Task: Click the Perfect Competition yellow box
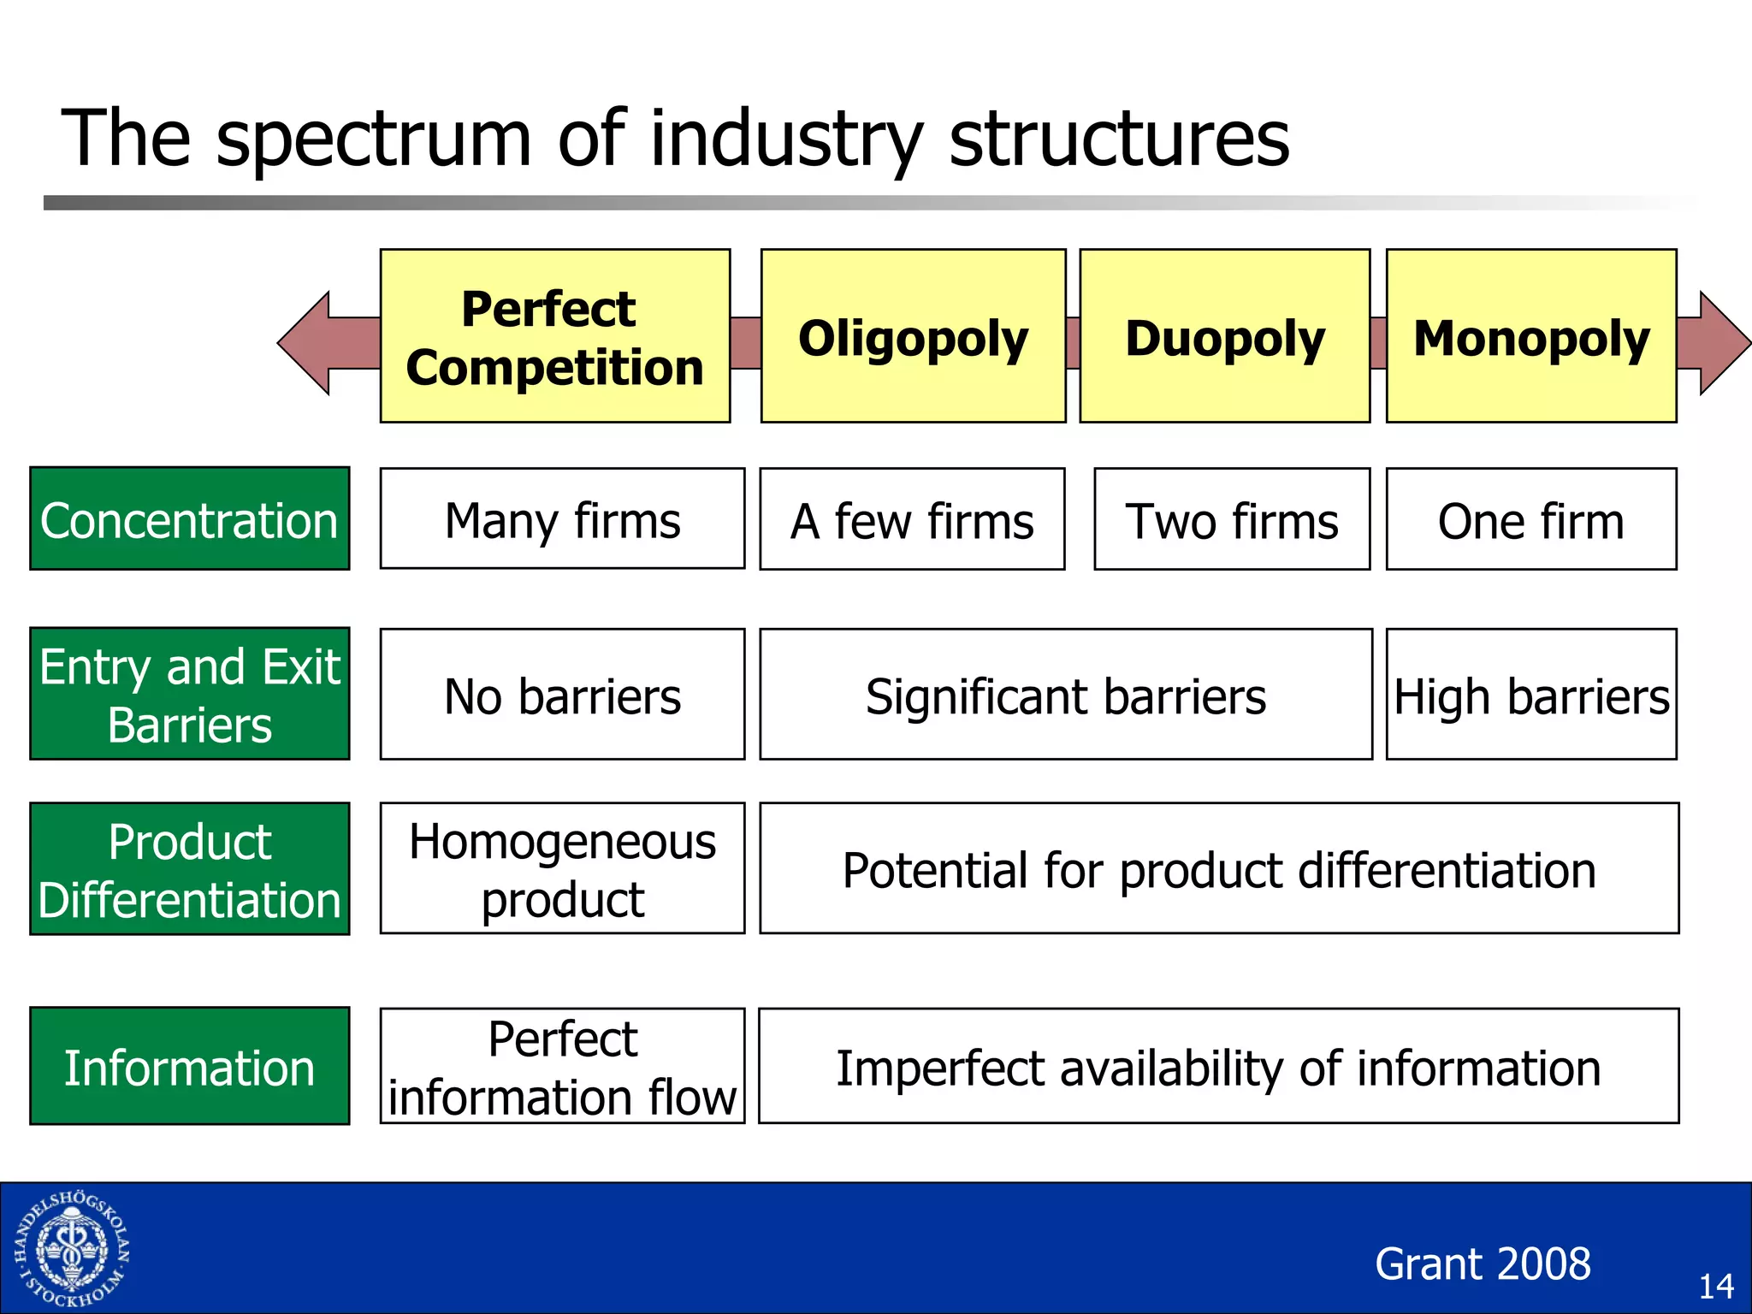(554, 336)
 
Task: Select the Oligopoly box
(913, 336)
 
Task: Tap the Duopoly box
(1224, 336)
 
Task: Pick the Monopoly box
(1530, 336)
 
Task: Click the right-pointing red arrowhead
(1719, 343)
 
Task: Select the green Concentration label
(190, 518)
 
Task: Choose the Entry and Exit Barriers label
(190, 694)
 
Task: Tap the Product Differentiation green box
(190, 868)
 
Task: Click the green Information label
(190, 1066)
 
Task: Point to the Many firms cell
(562, 518)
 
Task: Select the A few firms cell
(912, 519)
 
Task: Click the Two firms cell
(1232, 519)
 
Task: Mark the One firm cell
(1530, 519)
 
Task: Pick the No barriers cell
(562, 694)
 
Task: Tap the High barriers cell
(1530, 694)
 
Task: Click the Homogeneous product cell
(562, 868)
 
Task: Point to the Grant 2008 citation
(1483, 1264)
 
